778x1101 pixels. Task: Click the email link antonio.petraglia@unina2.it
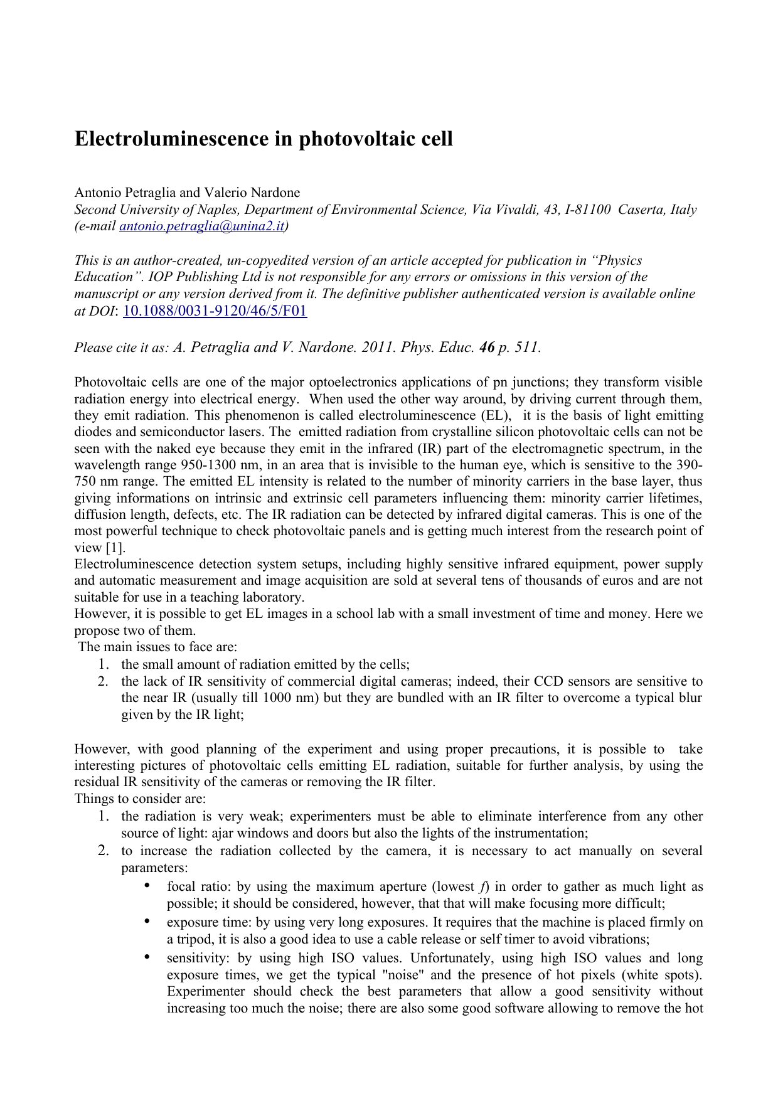pos(201,226)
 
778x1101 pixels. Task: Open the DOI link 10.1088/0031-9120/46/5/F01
pos(215,311)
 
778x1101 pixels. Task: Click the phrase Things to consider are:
pos(140,799)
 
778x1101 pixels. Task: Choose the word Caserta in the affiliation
pos(641,210)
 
